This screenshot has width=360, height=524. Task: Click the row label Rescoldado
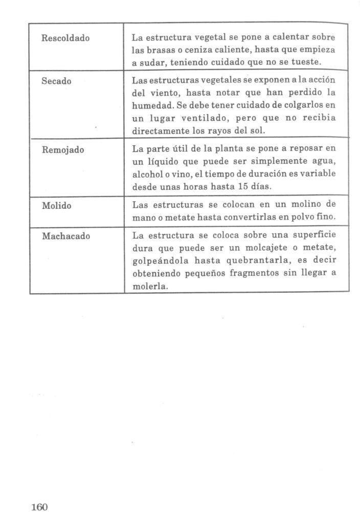tap(65, 38)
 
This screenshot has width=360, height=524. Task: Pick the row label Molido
tap(56, 206)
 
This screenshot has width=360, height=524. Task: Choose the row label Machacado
tap(64, 236)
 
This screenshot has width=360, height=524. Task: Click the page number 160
tap(39, 507)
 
